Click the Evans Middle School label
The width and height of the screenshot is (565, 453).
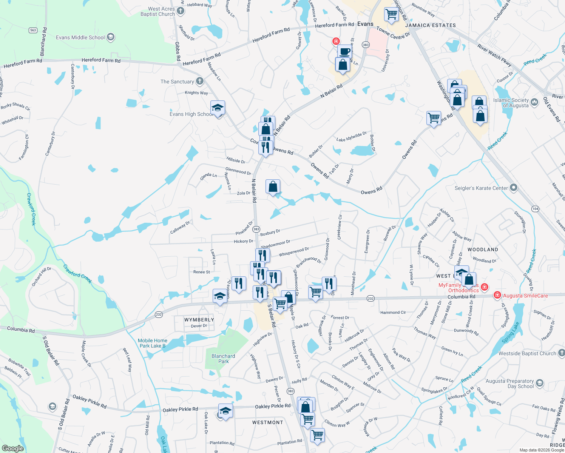[80, 37]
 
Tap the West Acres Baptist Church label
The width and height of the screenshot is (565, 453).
[158, 11]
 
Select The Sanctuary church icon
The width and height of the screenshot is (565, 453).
[200, 81]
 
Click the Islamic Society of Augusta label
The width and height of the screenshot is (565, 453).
[511, 103]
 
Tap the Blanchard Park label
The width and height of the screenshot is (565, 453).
[223, 359]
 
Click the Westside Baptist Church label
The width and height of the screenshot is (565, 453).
[527, 353]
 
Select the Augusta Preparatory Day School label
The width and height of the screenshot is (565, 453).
[509, 384]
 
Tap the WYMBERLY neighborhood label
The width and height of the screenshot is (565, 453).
[199, 320]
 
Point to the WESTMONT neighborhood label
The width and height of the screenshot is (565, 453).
[267, 422]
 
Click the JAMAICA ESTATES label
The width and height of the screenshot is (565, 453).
[430, 25]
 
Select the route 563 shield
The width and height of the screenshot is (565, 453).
[33, 30]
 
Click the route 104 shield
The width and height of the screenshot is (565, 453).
[535, 209]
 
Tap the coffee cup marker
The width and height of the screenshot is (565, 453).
[344, 51]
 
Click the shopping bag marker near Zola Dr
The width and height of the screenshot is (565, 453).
[273, 186]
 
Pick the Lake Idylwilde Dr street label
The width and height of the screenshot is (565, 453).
[351, 137]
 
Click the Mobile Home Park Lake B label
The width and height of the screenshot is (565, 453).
[152, 343]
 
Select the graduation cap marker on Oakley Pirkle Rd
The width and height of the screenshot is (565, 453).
[225, 411]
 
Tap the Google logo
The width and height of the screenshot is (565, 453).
[12, 448]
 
